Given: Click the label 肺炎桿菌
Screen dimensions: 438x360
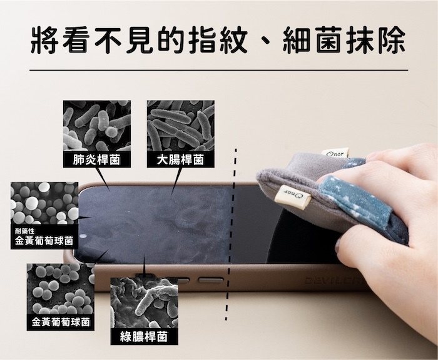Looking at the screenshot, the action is [x=96, y=160].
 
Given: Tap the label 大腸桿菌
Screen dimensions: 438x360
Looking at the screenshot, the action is [x=180, y=160].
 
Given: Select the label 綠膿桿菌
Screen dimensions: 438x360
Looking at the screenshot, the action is [x=144, y=337].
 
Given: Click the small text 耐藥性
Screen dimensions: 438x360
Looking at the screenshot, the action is [x=25, y=231].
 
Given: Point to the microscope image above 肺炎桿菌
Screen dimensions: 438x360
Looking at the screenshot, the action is [x=97, y=126].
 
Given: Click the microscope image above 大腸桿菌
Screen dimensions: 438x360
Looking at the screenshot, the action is [x=181, y=126].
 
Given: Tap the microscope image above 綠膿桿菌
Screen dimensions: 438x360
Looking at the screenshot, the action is [x=145, y=302].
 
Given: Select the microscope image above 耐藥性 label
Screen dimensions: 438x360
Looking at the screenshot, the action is [x=44, y=203].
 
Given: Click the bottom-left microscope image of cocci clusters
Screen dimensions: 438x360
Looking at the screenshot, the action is [x=61, y=289].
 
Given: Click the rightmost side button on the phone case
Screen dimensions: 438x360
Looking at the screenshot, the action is [x=211, y=279].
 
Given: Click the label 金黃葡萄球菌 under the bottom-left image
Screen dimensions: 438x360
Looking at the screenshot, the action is [x=61, y=322].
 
